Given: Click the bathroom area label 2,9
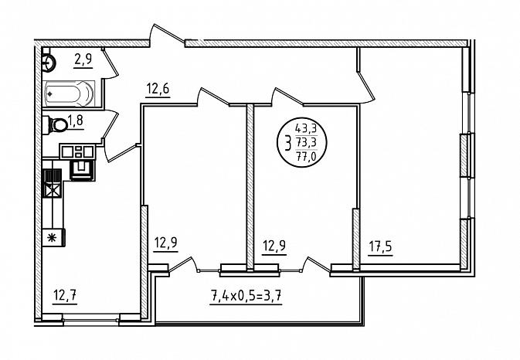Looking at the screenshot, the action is point(83,60).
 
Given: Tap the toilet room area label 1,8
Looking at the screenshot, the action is point(75,120).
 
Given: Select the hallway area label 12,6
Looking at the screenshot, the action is point(158,89).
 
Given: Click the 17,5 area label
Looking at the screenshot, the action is point(380,246).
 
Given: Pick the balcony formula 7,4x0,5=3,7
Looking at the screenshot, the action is point(246,295).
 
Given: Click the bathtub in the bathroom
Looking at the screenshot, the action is point(69,93).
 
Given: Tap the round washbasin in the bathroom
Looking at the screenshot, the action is point(49,62).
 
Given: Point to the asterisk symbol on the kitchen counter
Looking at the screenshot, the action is point(52,237).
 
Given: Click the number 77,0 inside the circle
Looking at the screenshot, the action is point(306,157).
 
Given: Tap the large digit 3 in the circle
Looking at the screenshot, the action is point(287,143).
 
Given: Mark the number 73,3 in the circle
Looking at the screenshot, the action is point(307,142).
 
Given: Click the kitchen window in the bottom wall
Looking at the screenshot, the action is point(91,320).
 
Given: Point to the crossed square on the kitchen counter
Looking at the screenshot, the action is point(53,190).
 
